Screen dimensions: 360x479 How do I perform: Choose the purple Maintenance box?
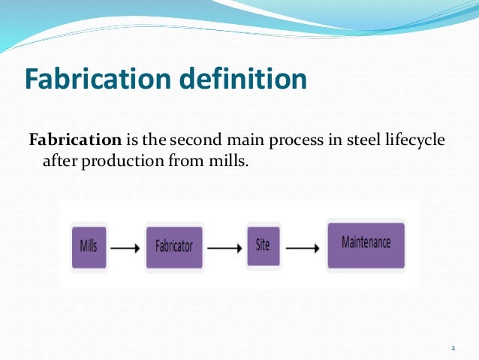(366, 244)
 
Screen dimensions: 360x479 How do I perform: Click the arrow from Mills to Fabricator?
(127, 247)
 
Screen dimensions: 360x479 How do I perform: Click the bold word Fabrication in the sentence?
(74, 141)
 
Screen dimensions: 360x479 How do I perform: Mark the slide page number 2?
(453, 348)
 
